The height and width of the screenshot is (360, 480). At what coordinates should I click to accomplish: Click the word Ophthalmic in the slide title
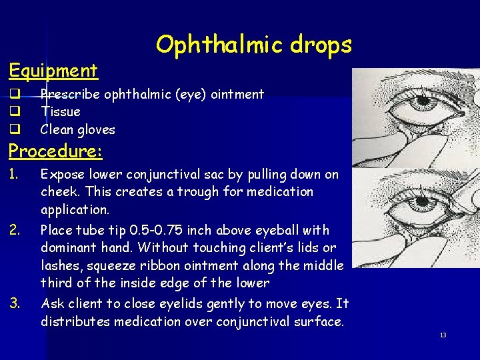[x=210, y=45]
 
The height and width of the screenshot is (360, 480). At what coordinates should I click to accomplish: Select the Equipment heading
[x=53, y=70]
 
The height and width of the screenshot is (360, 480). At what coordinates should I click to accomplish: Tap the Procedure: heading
[x=55, y=151]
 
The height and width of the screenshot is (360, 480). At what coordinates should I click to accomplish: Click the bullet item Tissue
[x=60, y=112]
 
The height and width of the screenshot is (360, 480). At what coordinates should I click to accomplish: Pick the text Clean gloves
[x=77, y=129]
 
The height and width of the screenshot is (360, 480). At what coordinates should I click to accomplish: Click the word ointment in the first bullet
[x=237, y=95]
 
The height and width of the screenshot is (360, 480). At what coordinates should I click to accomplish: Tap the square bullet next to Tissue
[x=13, y=112]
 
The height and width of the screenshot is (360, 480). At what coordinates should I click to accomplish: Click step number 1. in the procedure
[x=15, y=175]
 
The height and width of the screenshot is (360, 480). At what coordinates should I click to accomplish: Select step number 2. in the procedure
[x=15, y=231]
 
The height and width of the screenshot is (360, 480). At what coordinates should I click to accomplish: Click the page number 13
[x=443, y=335]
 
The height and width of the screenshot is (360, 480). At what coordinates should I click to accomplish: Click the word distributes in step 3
[x=71, y=321]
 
